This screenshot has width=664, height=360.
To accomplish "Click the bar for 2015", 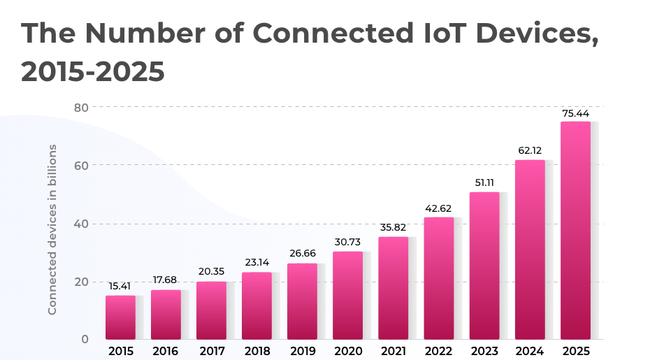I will pyautogui.click(x=120, y=317).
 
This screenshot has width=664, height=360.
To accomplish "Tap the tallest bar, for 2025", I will pyautogui.click(x=575, y=231).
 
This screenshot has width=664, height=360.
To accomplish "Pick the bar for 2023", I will pyautogui.click(x=484, y=266).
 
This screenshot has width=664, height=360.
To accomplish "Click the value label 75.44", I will pyautogui.click(x=576, y=113).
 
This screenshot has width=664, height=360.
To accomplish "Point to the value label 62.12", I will pyautogui.click(x=530, y=150).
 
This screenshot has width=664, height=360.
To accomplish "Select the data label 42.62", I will pyautogui.click(x=439, y=208).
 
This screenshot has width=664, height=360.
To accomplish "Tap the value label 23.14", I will pyautogui.click(x=257, y=263).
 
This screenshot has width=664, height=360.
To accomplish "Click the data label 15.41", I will pyautogui.click(x=120, y=286).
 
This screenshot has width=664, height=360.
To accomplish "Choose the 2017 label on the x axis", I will pyautogui.click(x=211, y=351).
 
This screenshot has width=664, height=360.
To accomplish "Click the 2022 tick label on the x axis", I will pyautogui.click(x=439, y=351).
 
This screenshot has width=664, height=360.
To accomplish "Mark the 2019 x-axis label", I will pyautogui.click(x=302, y=351).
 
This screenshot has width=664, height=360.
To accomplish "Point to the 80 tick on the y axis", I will pyautogui.click(x=81, y=107).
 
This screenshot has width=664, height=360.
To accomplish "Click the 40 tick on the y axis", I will pyautogui.click(x=81, y=224).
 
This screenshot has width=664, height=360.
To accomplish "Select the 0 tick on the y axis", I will pyautogui.click(x=85, y=340).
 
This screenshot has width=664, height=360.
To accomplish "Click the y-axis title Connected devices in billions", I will pyautogui.click(x=52, y=229).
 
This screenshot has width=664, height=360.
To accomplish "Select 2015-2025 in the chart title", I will pyautogui.click(x=93, y=71).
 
